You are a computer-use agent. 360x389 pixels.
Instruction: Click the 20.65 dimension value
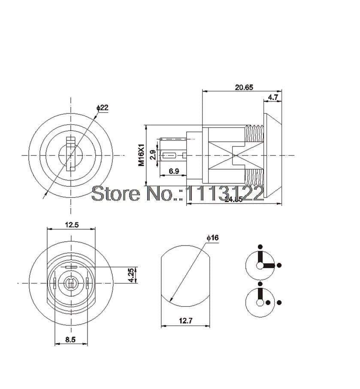click(x=244, y=87)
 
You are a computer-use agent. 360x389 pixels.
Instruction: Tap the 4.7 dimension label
click(x=273, y=98)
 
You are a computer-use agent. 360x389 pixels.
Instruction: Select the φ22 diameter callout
click(x=102, y=108)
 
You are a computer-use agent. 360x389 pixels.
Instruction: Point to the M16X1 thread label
click(x=141, y=155)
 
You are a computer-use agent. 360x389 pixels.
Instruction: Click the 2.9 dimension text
click(x=153, y=155)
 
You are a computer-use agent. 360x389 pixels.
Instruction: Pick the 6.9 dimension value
click(x=174, y=171)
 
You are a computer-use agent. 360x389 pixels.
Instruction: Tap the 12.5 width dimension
click(x=71, y=225)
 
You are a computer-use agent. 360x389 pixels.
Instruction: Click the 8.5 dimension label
click(x=70, y=340)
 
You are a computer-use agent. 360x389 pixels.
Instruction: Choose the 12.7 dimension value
click(x=185, y=321)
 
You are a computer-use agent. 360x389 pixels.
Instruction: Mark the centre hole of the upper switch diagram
click(x=260, y=265)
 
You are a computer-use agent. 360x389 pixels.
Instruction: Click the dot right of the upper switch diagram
click(x=279, y=265)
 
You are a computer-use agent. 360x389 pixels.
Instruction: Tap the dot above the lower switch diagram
click(x=260, y=284)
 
